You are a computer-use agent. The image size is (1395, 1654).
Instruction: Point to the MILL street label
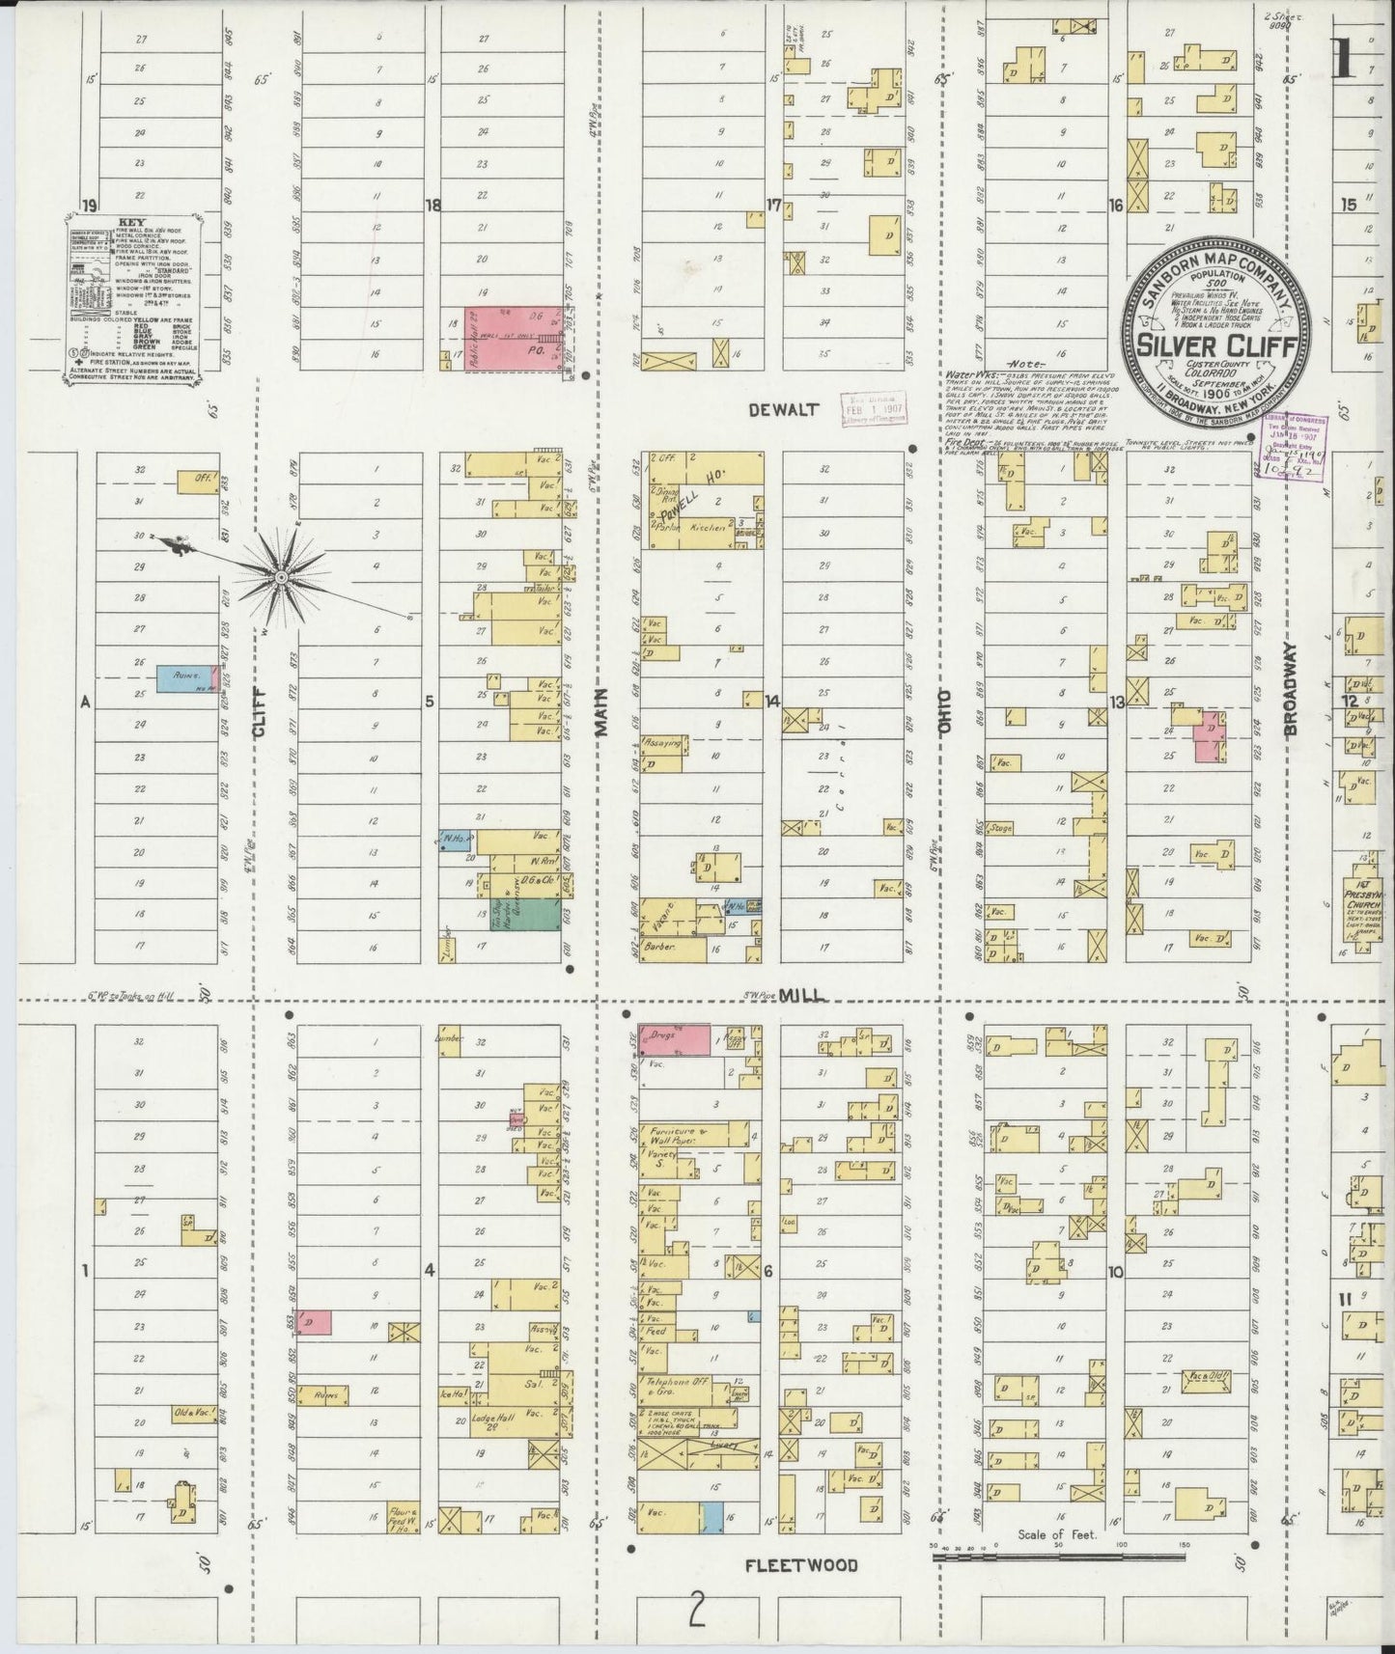[x=801, y=995]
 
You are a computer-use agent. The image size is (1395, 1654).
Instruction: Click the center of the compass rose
[x=281, y=577]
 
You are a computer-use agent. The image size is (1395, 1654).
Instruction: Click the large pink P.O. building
[x=512, y=336]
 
